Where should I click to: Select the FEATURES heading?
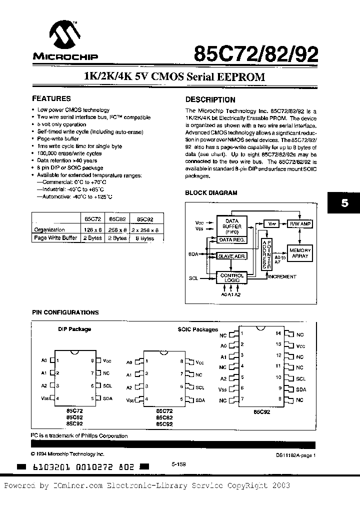(51, 98)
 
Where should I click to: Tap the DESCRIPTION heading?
(210, 99)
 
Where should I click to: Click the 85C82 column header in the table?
(117, 219)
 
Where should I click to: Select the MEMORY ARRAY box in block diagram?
(300, 253)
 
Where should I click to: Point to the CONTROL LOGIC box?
(232, 278)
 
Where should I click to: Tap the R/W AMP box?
(300, 224)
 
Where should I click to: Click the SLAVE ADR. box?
(231, 256)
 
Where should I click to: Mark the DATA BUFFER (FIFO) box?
(232, 225)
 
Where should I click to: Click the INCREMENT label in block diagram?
(282, 276)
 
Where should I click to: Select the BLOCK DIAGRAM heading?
(211, 192)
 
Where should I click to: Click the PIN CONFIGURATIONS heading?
(65, 312)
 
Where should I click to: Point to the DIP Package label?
(75, 329)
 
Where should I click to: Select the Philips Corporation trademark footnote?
(79, 435)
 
